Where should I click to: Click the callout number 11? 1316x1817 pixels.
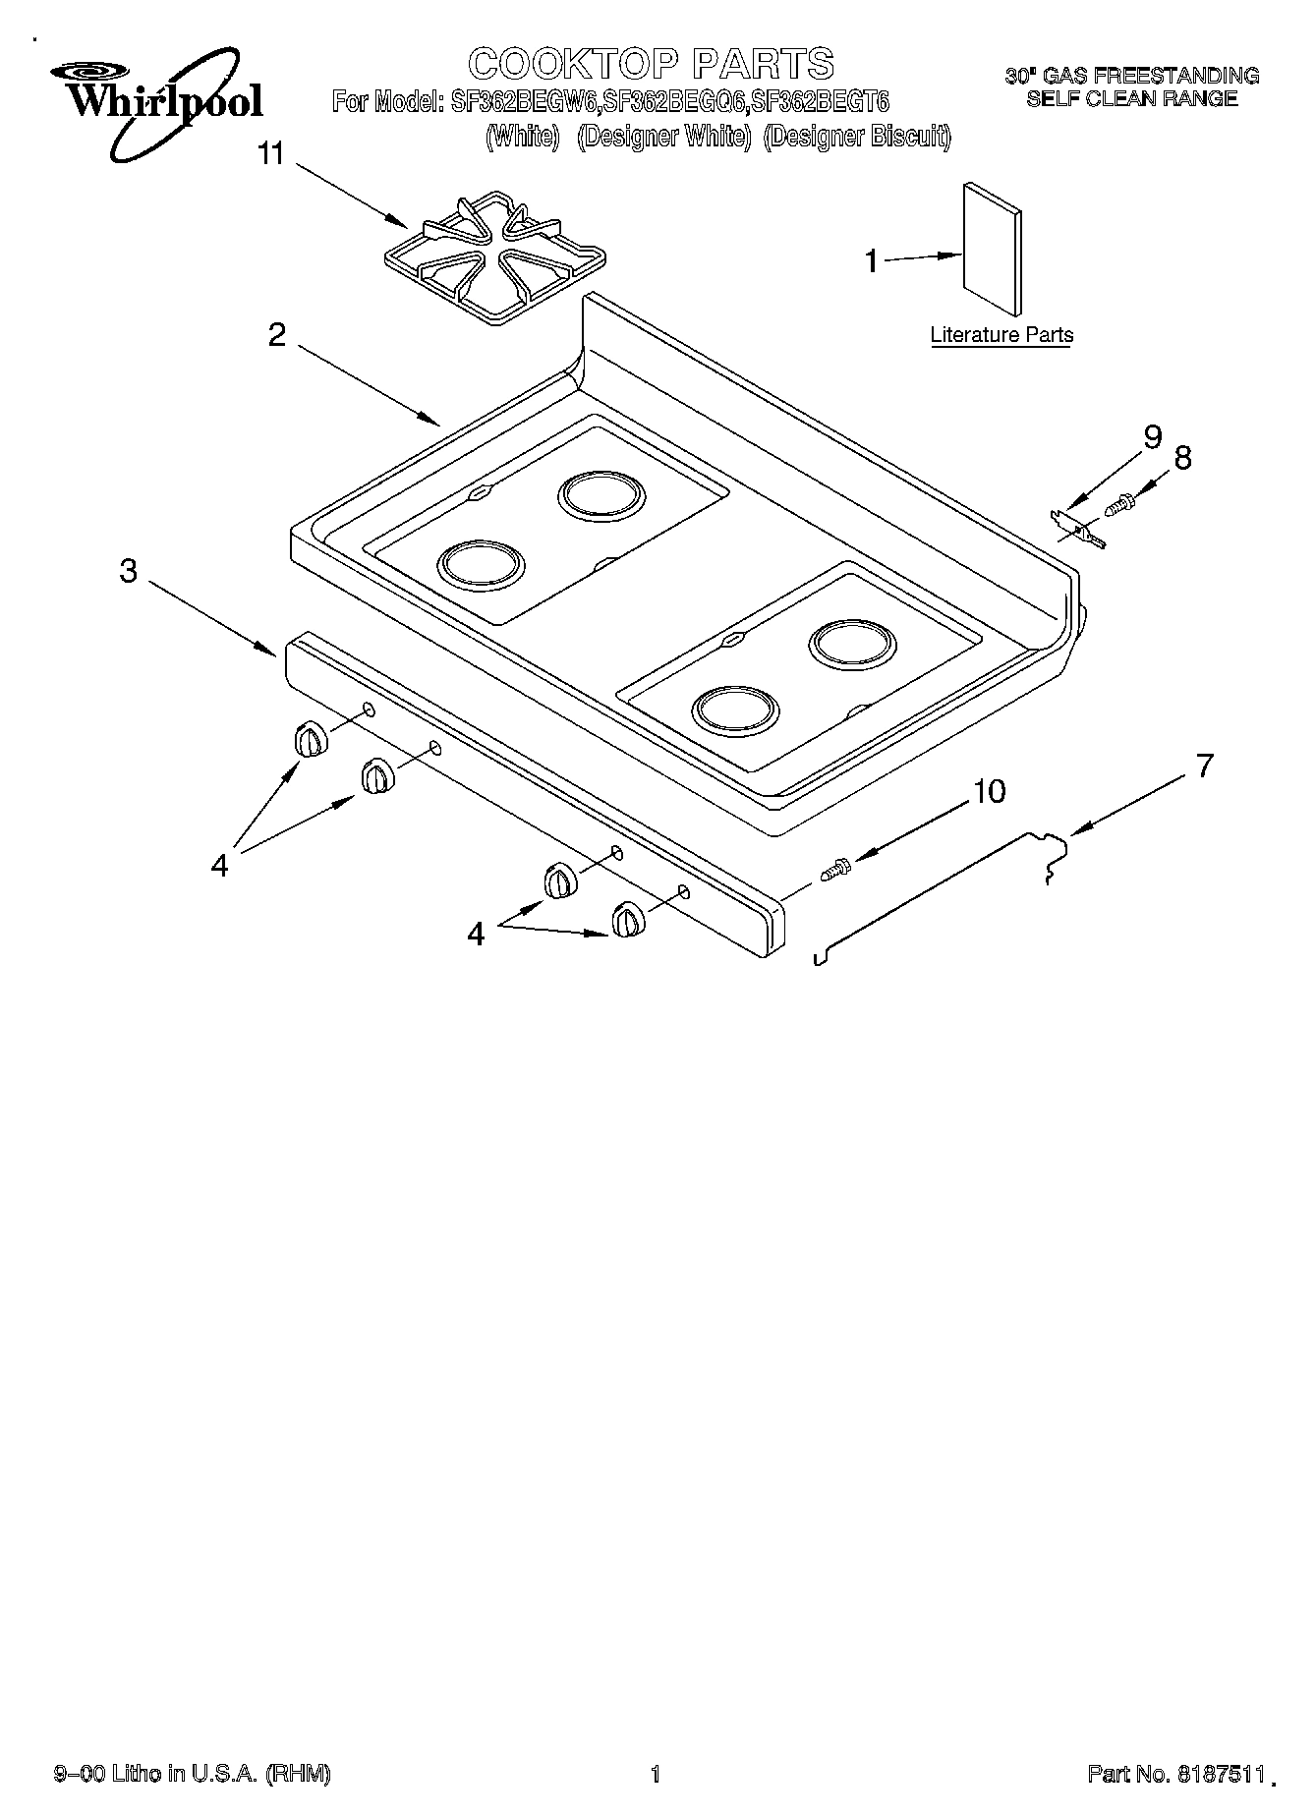[270, 154]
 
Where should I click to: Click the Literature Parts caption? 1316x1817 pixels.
[1001, 335]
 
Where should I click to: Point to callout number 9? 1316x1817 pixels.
[1152, 436]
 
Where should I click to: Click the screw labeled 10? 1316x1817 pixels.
[834, 869]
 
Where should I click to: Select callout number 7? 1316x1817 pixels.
[1204, 766]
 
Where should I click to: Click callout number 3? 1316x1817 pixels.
[129, 571]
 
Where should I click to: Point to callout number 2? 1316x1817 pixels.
[277, 335]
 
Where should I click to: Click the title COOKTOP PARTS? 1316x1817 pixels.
[652, 64]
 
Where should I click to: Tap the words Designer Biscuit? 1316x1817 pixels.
[857, 137]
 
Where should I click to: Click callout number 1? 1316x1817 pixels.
[871, 261]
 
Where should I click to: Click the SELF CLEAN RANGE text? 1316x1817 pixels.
[1131, 98]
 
